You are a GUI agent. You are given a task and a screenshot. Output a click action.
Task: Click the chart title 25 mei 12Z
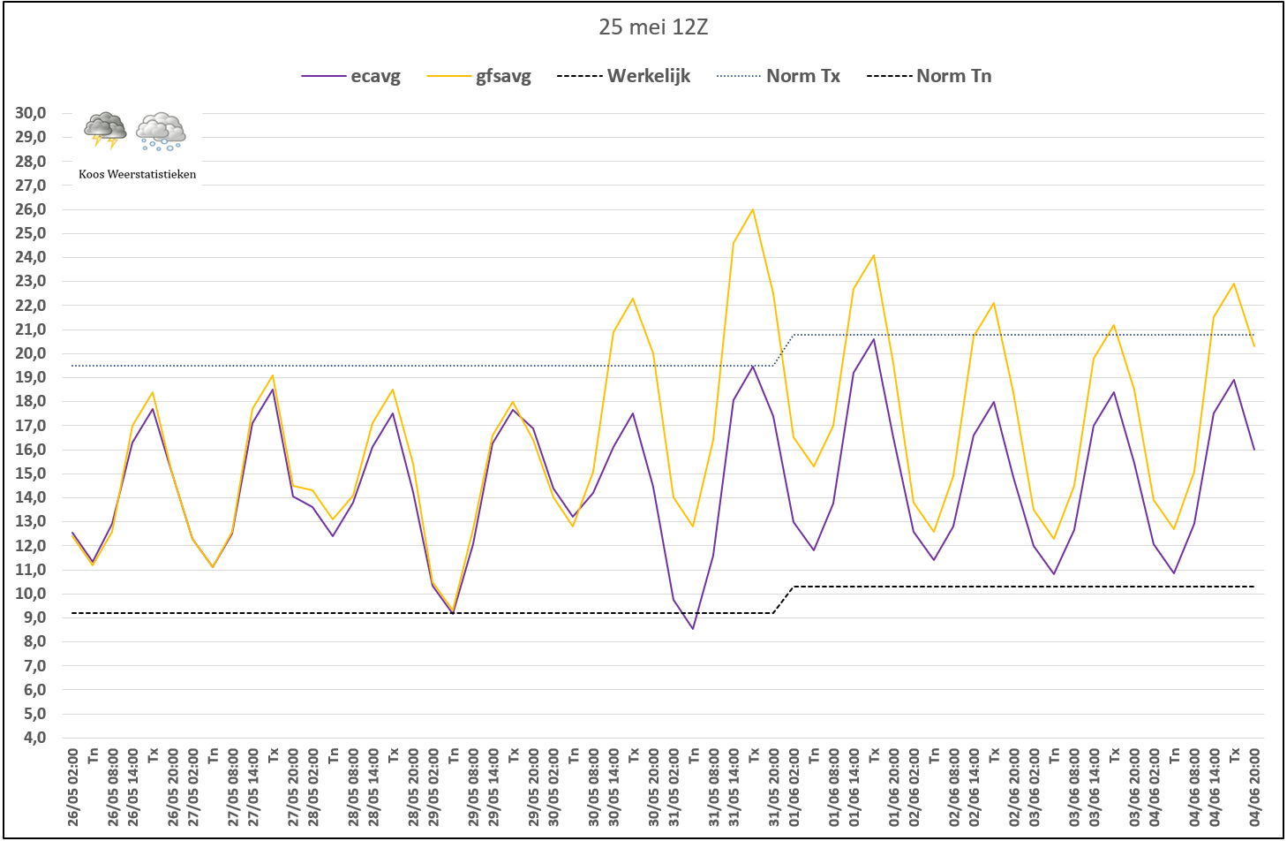653,27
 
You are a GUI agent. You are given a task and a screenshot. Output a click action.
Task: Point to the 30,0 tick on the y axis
30,113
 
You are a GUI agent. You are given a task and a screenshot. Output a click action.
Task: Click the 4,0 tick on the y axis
30,738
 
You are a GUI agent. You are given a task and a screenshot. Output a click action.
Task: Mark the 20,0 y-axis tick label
30,353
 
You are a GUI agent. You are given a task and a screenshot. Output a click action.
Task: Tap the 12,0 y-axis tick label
30,546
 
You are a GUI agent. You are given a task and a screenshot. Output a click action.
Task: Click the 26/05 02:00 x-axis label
72,787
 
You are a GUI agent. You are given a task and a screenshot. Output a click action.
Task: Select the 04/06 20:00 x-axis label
1254,787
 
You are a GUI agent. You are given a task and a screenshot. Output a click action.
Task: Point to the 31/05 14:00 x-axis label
734,787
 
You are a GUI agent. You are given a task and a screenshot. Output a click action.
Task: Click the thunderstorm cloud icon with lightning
105,131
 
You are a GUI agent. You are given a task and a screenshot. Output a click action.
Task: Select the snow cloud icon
161,132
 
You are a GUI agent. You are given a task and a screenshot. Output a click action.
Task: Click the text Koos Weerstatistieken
137,174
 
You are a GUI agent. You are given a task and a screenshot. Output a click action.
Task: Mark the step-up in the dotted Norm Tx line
784,350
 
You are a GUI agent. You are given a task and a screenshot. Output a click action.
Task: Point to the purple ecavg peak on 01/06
874,339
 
